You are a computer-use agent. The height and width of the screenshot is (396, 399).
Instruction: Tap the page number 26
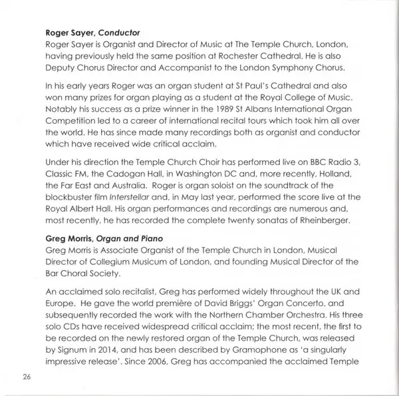pos(27,377)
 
